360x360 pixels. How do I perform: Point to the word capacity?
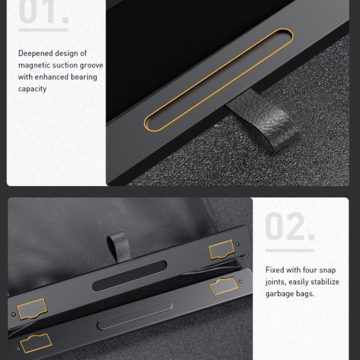[x=32, y=89]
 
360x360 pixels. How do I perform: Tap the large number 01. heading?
[x=44, y=12]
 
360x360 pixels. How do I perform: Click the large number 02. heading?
[x=290, y=226]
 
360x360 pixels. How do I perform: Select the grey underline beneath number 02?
[x=290, y=251]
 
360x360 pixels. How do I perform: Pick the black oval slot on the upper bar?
[x=129, y=275]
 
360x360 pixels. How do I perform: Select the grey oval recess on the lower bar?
[x=135, y=315]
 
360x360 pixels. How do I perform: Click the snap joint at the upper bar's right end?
[x=221, y=250]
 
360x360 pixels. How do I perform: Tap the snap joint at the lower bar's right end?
[x=224, y=286]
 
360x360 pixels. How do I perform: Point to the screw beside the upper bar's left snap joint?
[x=13, y=314]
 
